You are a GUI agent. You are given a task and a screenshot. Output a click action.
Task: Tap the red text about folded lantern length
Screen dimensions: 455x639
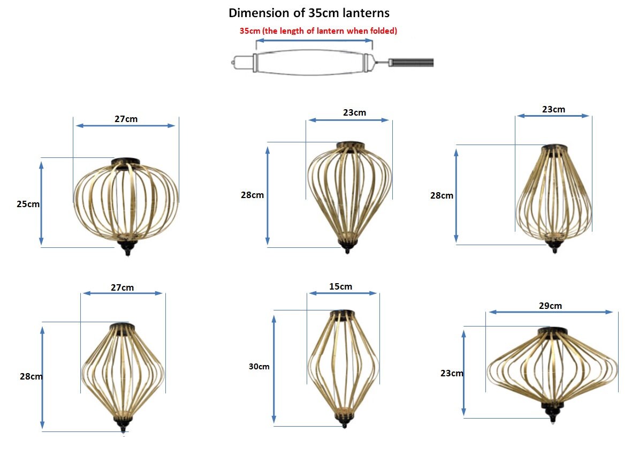tap(318, 31)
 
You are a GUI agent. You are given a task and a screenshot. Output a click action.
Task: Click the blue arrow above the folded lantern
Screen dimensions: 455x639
tap(314, 41)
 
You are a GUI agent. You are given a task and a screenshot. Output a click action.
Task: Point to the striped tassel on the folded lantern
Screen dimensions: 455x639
tap(412, 63)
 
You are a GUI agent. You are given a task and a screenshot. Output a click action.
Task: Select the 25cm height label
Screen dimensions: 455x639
tap(28, 204)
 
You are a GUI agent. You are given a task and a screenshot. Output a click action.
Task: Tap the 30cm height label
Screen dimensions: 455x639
tap(259, 367)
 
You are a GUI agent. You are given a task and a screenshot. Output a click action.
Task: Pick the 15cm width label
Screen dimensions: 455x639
tap(341, 287)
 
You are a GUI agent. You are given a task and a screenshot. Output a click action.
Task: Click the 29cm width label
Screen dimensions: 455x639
tap(551, 306)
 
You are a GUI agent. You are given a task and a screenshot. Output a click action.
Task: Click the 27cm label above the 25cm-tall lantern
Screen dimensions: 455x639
tap(126, 119)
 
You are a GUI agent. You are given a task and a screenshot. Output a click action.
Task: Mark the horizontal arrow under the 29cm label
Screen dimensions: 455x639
tap(551, 312)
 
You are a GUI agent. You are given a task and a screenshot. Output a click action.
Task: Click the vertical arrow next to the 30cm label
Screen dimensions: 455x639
tap(275, 368)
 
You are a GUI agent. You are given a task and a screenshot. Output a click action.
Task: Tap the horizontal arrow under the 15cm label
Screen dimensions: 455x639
tap(343, 293)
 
